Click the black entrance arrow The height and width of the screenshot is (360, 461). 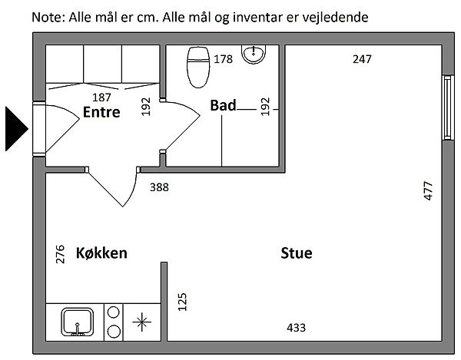(16, 129)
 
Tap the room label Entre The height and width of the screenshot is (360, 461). (101, 112)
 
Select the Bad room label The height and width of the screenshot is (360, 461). (223, 105)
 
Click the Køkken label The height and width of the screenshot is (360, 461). (101, 253)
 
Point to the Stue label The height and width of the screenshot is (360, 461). (297, 253)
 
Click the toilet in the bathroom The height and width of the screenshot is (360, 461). (198, 68)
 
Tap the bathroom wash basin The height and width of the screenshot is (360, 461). (254, 54)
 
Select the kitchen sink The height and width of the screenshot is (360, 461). (78, 322)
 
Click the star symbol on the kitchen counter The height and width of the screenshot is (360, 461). (141, 322)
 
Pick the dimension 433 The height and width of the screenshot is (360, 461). (296, 328)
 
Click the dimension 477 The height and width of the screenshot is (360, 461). (429, 191)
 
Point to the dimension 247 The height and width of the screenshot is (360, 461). (362, 59)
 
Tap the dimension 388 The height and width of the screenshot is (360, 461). (159, 187)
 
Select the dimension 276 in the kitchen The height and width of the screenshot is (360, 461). (60, 254)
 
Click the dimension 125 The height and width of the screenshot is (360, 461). (182, 302)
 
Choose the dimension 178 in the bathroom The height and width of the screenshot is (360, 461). (223, 59)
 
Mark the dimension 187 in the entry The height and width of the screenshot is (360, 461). (101, 97)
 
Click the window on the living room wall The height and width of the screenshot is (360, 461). (447, 107)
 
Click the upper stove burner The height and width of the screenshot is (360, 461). (114, 312)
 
